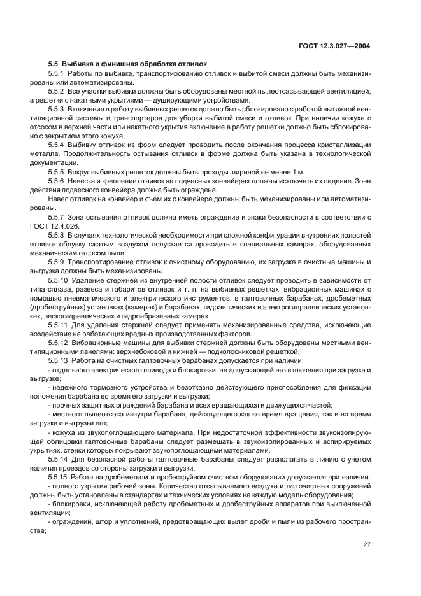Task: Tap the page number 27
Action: click(367, 544)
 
